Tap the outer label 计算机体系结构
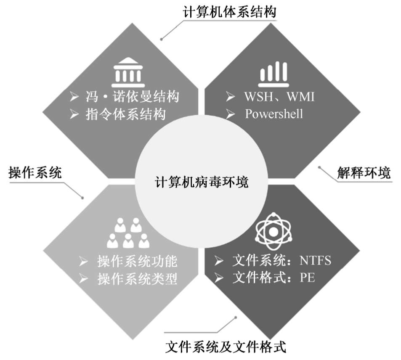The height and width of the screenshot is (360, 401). pos(229,12)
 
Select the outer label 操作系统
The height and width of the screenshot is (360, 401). pos(35,173)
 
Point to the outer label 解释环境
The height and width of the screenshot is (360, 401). pos(364,172)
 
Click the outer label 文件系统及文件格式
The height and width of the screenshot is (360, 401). pos(226,347)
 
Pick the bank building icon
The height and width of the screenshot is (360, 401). pos(127,74)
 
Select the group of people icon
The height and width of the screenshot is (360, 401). pos(128,233)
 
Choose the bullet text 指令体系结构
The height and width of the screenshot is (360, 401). pos(125,114)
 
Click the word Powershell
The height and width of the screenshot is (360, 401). pos(274,114)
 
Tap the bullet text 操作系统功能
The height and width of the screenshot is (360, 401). pos(137,262)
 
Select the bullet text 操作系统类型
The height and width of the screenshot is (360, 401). pos(137,278)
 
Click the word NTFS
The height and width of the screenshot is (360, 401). pos(315,261)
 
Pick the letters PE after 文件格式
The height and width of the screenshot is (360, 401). pos(307,278)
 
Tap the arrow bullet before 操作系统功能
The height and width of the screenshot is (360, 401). pos(84,262)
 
